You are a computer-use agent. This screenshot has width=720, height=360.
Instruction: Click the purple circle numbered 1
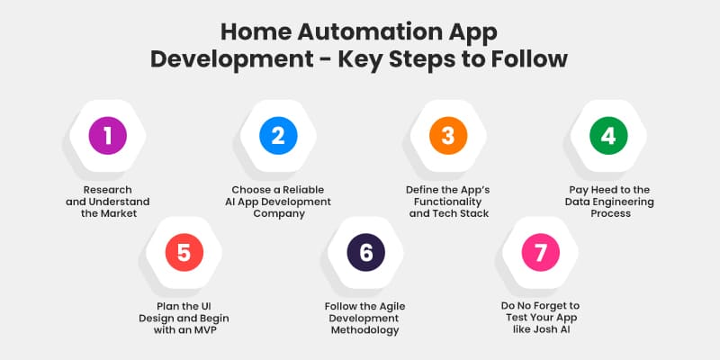[108, 136]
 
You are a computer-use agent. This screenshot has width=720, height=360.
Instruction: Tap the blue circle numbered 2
[278, 136]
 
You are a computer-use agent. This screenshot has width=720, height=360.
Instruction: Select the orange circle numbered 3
[447, 136]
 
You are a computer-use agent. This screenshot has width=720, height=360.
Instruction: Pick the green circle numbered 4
[608, 136]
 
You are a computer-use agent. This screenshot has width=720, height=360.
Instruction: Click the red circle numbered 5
[184, 253]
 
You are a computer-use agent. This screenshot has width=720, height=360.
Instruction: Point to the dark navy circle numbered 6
[365, 253]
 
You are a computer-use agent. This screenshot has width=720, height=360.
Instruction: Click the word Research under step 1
[107, 190]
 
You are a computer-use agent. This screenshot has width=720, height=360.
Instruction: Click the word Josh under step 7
[548, 330]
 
